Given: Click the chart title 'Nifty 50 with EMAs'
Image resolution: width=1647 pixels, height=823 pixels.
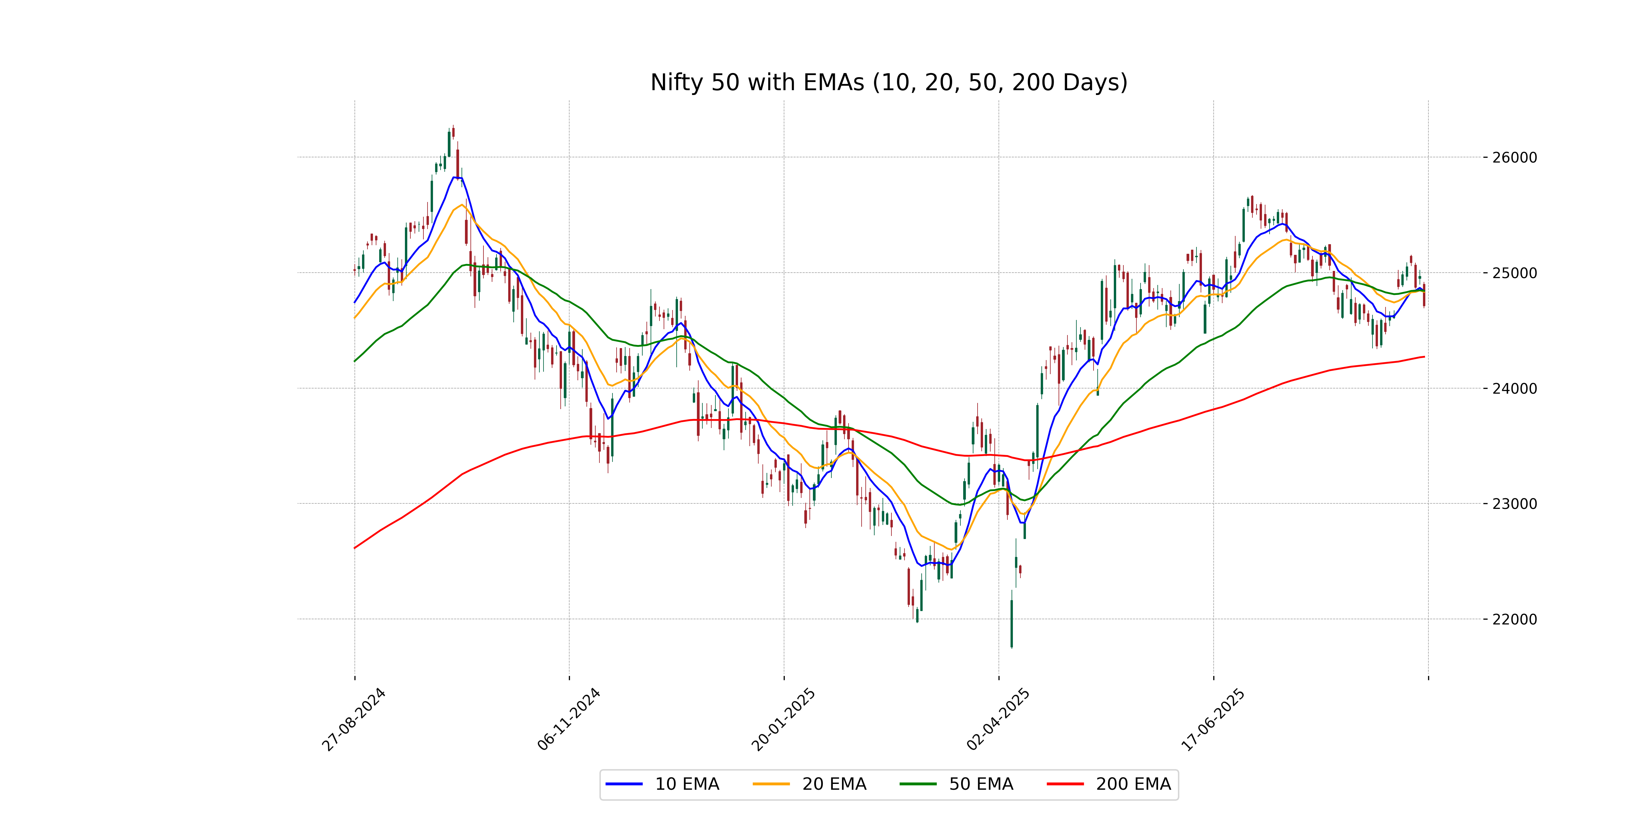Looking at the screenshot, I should click(889, 82).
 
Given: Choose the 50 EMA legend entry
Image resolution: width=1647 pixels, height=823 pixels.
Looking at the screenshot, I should click(957, 784).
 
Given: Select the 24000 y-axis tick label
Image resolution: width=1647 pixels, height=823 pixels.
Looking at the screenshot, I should click(1514, 389).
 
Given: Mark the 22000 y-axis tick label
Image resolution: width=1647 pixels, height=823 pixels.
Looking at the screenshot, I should click(1514, 619).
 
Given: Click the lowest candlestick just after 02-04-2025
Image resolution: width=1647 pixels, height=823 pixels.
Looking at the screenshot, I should click(1012, 623).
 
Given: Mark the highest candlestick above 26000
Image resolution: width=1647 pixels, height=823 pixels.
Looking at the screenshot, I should click(453, 132).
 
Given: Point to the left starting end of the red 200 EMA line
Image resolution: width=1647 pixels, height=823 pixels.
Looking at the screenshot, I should click(355, 548).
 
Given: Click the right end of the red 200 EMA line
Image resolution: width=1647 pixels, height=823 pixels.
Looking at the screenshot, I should click(1424, 357).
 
